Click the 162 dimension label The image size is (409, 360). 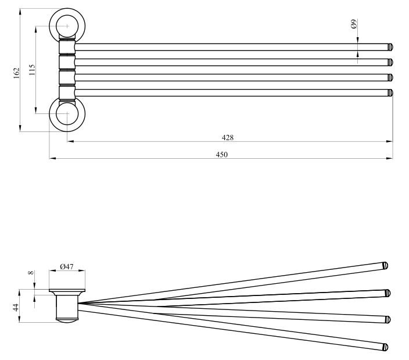16,73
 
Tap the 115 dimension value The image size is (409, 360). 31,70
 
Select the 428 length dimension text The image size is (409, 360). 228,137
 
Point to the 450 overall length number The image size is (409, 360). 222,155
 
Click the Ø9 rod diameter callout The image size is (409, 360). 354,24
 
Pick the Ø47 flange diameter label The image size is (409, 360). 67,266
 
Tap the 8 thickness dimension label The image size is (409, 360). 31,273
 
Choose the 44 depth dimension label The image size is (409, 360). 16,307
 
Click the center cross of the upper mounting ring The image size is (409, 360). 67,26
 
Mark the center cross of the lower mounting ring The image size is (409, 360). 67,113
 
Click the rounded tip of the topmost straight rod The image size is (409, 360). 390,47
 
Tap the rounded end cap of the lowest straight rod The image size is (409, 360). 390,92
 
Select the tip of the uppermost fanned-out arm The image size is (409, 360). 385,266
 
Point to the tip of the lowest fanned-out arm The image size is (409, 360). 385,347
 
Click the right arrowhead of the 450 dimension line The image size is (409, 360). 390,158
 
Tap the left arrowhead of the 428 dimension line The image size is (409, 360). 71,141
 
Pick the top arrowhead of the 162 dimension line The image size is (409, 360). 20,12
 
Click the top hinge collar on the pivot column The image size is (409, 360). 67,47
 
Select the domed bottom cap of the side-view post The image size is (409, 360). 67,320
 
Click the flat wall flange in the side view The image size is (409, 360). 67,290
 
